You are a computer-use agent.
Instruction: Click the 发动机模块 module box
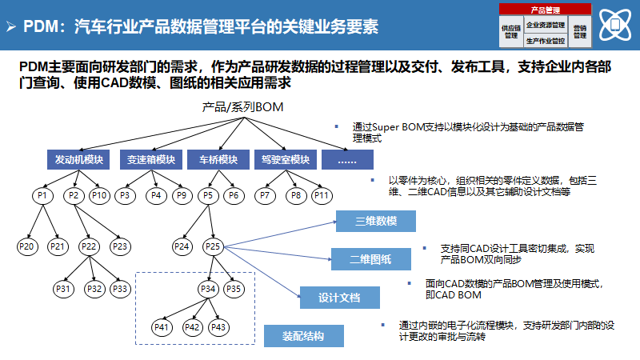click(79, 159)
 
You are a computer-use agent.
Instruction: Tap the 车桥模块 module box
click(218, 159)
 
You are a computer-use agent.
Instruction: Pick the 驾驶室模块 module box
click(285, 159)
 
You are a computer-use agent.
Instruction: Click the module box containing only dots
click(347, 159)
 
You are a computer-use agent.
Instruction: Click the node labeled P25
click(213, 246)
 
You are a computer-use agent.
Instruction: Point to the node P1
click(43, 195)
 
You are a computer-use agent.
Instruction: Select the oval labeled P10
click(99, 195)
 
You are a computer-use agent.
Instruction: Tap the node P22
click(89, 246)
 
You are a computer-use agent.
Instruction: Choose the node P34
click(206, 288)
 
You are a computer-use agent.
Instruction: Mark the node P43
click(218, 327)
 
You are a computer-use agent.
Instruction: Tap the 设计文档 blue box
click(339, 298)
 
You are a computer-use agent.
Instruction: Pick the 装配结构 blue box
click(304, 335)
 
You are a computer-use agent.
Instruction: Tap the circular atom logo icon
click(615, 23)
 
